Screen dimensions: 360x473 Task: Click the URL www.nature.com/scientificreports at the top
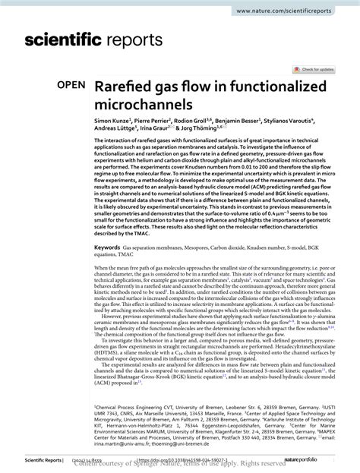(302, 10)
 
